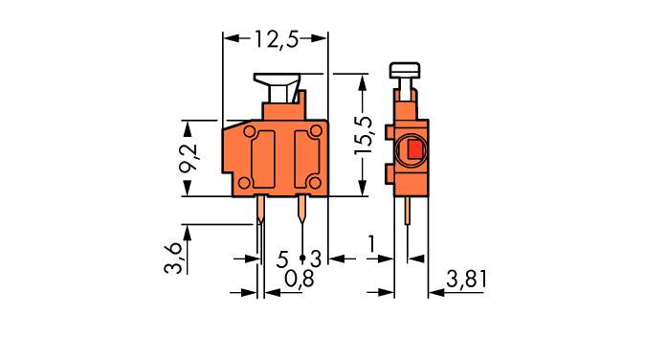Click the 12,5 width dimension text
tap(276, 39)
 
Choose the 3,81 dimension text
tap(468, 280)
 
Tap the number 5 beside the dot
tap(283, 258)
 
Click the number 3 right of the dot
tap(315, 258)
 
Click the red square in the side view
tap(412, 150)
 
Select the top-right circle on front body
tap(315, 131)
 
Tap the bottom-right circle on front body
tap(315, 183)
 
